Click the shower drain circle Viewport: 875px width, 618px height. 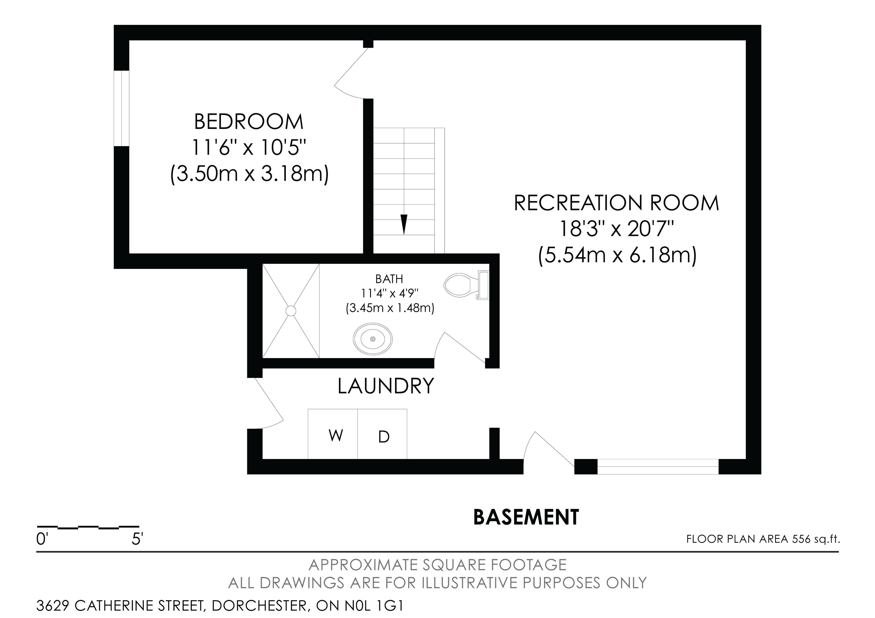291,311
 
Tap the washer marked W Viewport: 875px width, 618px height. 333,434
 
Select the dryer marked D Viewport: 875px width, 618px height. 382,434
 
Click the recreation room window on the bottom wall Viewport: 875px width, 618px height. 658,467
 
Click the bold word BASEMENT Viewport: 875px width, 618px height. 526,517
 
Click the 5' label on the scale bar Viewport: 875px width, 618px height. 137,539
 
